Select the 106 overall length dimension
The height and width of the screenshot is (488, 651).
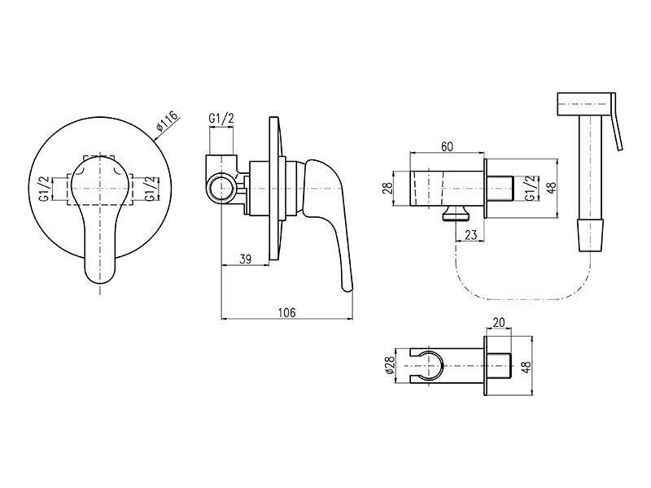pyautogui.click(x=286, y=312)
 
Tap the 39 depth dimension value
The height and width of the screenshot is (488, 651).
pyautogui.click(x=246, y=259)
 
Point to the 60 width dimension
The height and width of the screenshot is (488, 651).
pyautogui.click(x=447, y=146)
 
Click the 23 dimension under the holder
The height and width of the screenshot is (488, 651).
pyautogui.click(x=471, y=235)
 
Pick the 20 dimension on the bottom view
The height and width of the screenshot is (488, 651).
pyautogui.click(x=499, y=322)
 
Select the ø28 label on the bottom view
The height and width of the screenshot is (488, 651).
pyautogui.click(x=390, y=365)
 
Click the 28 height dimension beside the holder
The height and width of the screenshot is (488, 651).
pyautogui.click(x=387, y=188)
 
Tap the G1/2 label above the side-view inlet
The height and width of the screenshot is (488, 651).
pyautogui.click(x=221, y=118)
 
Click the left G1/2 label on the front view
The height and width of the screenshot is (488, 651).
pyautogui.click(x=45, y=189)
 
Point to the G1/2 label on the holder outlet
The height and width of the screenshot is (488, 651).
pyautogui.click(x=531, y=188)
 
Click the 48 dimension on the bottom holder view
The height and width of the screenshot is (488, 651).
pyautogui.click(x=526, y=367)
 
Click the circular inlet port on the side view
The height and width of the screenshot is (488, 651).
pyautogui.click(x=221, y=189)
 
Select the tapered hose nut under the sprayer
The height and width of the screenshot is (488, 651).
pyautogui.click(x=590, y=235)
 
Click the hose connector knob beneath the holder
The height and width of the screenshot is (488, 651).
pyautogui.click(x=457, y=213)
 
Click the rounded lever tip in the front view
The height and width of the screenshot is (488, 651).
pyautogui.click(x=99, y=274)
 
